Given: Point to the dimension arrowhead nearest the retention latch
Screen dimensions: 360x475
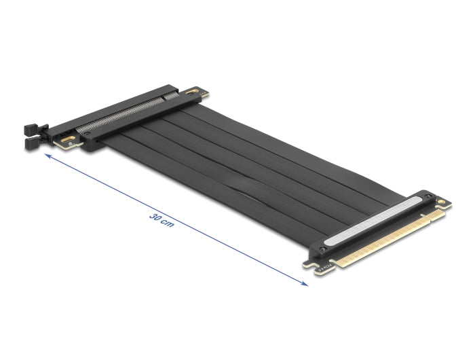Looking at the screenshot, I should tap(46, 156).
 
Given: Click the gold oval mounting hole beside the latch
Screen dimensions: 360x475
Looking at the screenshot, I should tap(69, 141).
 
